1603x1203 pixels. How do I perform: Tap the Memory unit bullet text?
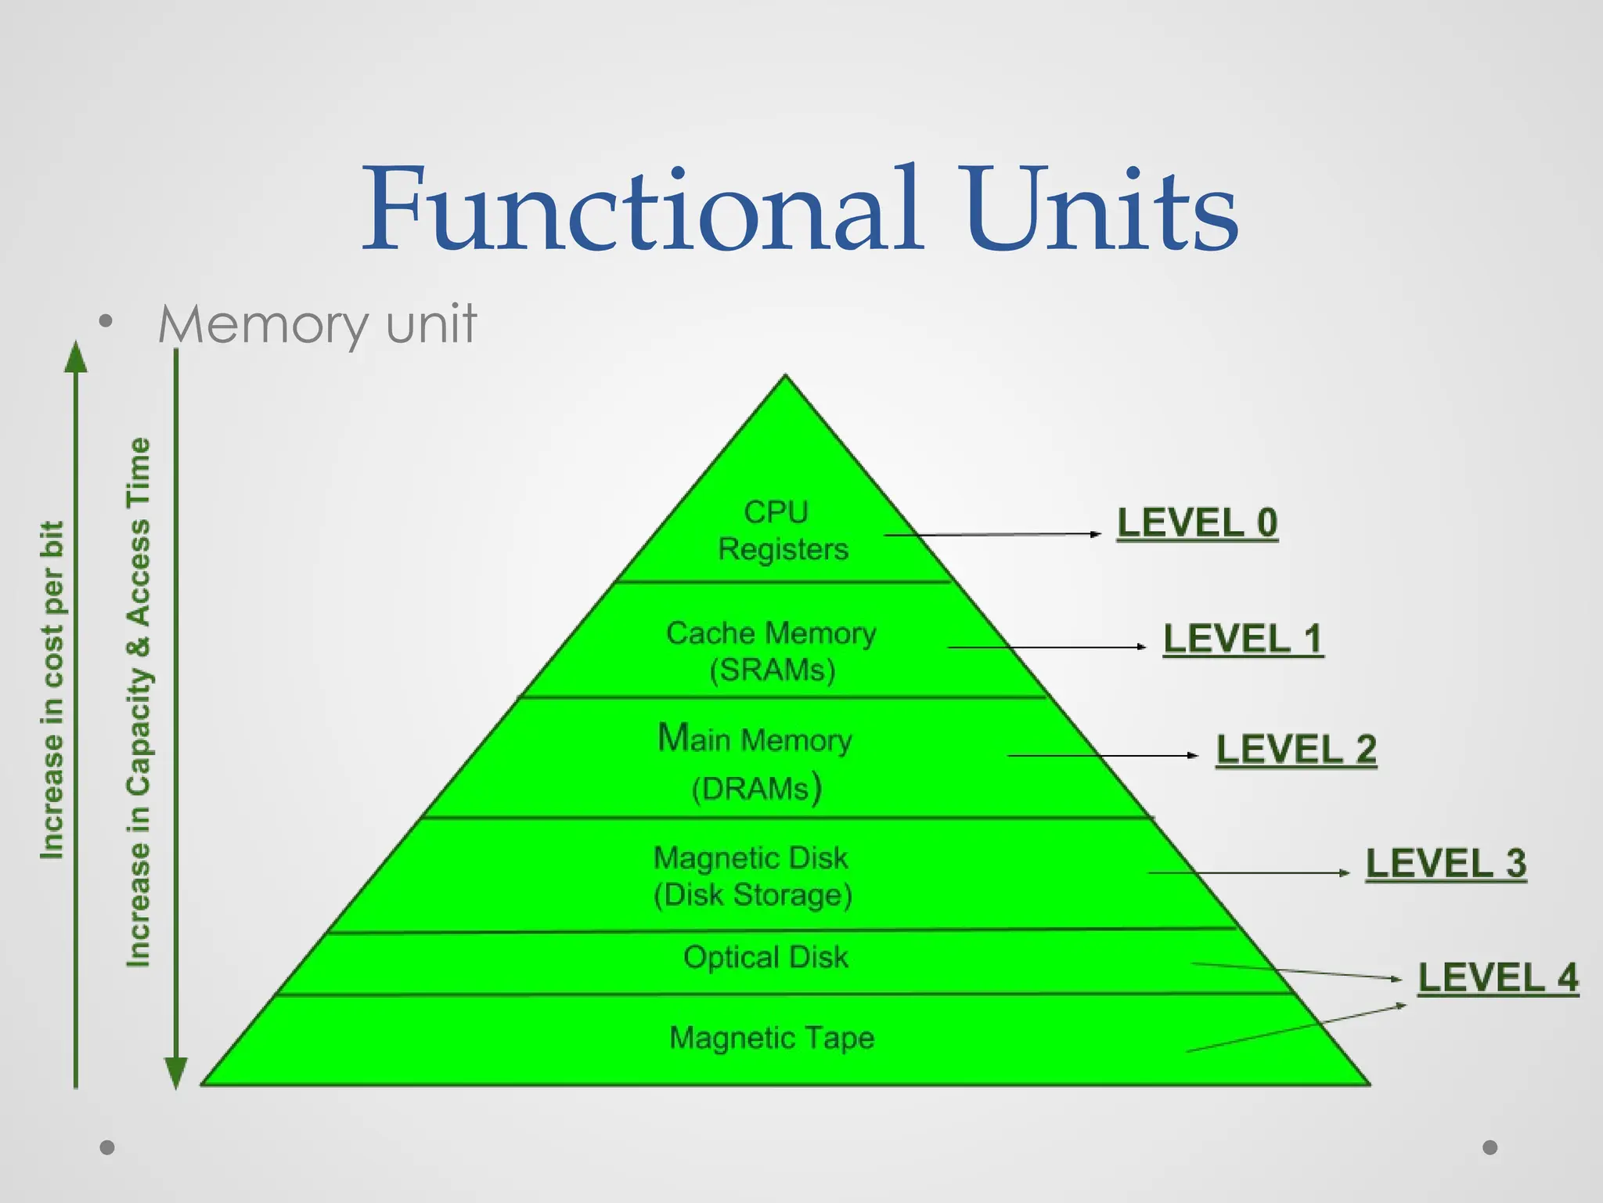(x=317, y=324)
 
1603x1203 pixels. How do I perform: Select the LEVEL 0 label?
(x=1197, y=522)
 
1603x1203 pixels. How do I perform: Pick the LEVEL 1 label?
(x=1243, y=638)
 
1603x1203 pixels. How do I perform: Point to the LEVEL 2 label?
(x=1296, y=750)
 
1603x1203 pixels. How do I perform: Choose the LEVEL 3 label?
(x=1446, y=863)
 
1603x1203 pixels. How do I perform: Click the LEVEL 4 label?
(x=1498, y=977)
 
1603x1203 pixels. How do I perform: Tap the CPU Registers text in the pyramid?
(x=782, y=530)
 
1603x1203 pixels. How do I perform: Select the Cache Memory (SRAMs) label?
(x=772, y=651)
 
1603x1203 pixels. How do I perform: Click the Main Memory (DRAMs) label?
(x=755, y=763)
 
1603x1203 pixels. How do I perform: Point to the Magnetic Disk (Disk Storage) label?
(x=752, y=876)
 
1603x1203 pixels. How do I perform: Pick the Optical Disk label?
(x=765, y=957)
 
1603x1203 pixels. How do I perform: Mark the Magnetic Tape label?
(x=772, y=1038)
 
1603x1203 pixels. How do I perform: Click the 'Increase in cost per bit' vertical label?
(x=52, y=689)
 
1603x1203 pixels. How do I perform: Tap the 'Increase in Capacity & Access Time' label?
(x=139, y=702)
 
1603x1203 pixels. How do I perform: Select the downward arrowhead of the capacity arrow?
(x=176, y=1071)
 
